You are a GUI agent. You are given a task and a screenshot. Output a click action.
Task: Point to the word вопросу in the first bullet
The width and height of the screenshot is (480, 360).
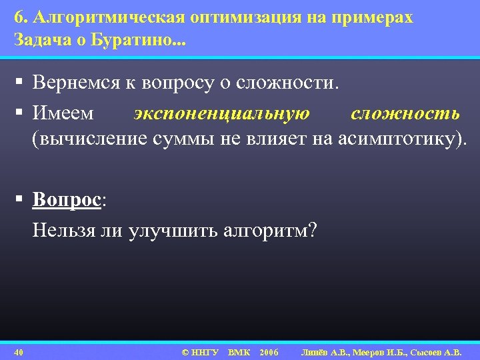(x=179, y=84)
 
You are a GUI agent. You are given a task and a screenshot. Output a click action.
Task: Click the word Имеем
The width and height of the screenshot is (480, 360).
(x=63, y=113)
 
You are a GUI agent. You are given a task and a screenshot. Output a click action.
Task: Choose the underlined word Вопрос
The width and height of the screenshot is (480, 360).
(x=67, y=199)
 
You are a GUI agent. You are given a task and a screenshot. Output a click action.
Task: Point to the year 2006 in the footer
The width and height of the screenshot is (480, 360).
(x=269, y=351)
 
